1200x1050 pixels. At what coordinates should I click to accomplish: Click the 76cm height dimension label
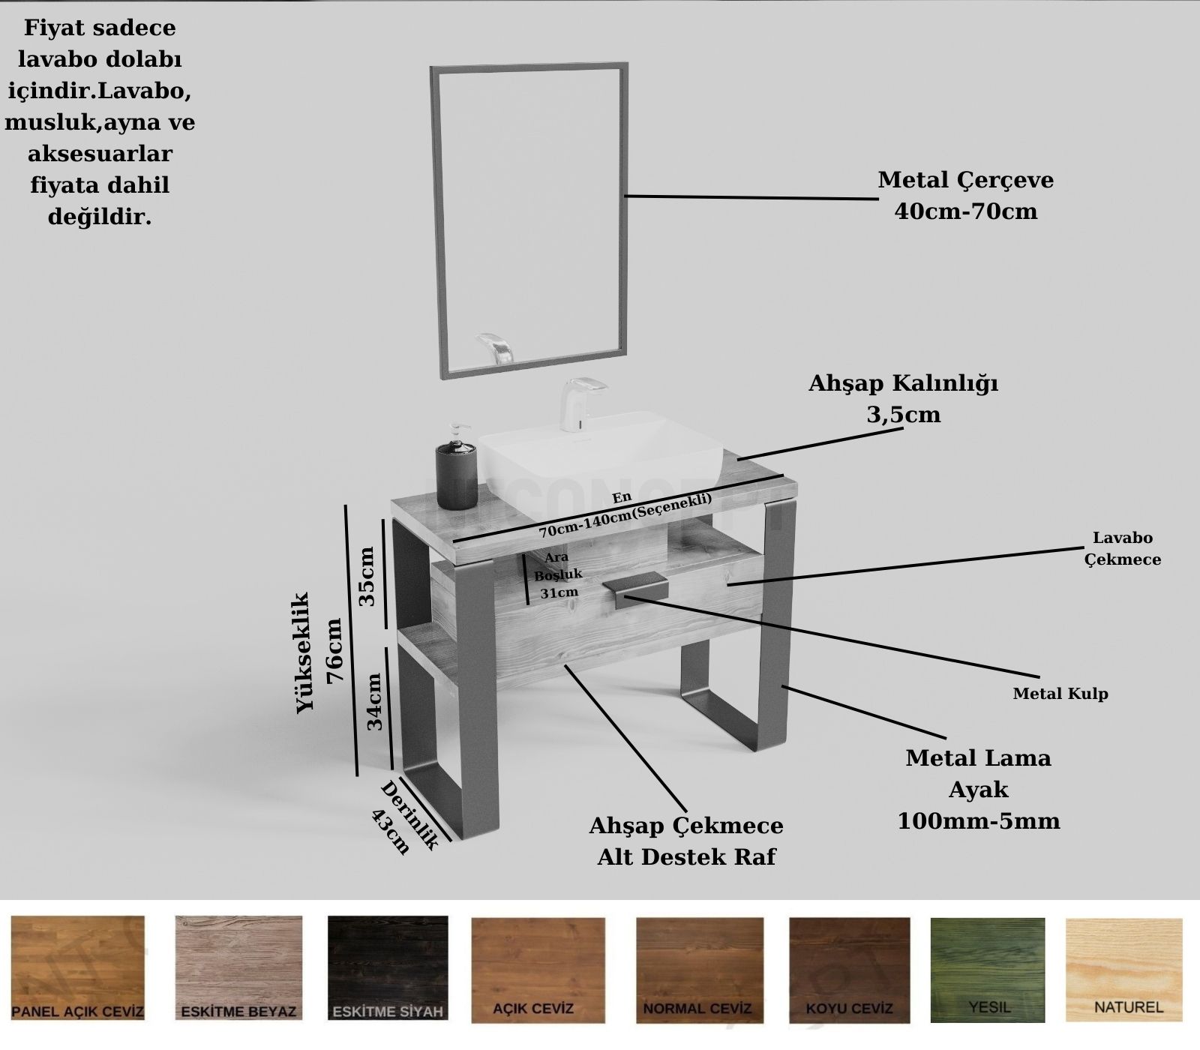(x=334, y=649)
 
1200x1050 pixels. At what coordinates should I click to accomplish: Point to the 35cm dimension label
(x=367, y=576)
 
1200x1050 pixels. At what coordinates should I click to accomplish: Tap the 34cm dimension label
(x=374, y=700)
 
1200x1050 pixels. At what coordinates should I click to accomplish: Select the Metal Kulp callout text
(x=1060, y=694)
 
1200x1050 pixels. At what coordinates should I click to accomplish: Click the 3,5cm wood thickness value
(x=903, y=415)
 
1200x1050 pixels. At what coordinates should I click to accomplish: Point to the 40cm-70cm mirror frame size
(x=965, y=211)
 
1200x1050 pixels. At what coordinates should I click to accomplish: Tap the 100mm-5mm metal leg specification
(x=979, y=821)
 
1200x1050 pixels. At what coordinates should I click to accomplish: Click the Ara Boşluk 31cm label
(x=557, y=575)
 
